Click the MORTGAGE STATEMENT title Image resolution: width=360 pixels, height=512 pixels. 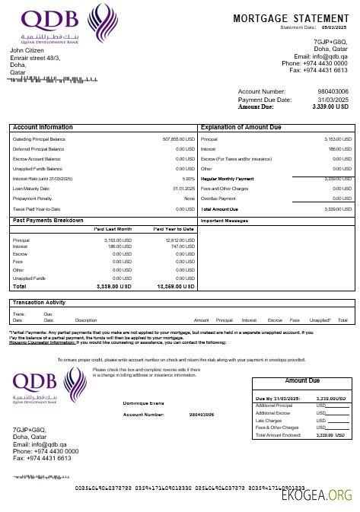tap(290, 18)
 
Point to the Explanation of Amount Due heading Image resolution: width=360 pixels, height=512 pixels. tap(241, 127)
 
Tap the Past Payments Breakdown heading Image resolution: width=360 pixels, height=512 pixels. tap(48, 220)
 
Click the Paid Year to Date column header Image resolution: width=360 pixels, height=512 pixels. tap(174, 228)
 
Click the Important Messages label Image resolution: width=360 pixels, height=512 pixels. tap(225, 221)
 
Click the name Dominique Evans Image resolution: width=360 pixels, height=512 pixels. tap(144, 402)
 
